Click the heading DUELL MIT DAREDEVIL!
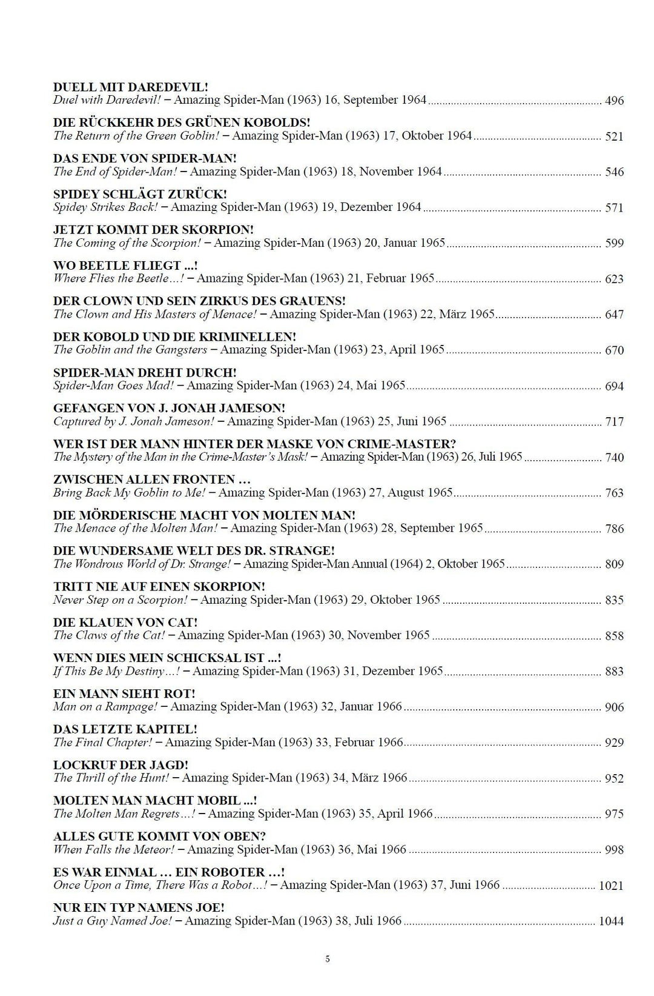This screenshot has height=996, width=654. (131, 87)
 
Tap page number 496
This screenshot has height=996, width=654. (614, 101)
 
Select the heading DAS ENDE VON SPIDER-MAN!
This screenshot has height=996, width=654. (145, 158)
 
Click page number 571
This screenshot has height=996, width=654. (614, 208)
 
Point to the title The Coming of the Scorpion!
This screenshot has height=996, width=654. (127, 243)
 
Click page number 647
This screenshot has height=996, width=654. (614, 315)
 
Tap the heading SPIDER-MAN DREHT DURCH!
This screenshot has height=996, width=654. (145, 372)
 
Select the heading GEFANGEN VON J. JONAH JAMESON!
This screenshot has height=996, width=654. (169, 408)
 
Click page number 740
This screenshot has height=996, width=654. (614, 458)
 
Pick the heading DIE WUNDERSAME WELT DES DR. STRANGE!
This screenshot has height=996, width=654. (194, 551)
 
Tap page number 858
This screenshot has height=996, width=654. (614, 636)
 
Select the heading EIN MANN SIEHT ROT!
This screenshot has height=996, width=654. (124, 694)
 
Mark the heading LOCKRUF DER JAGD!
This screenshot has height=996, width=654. (121, 765)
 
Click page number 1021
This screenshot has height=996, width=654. (610, 886)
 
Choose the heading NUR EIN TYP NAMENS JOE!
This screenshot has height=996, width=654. (139, 907)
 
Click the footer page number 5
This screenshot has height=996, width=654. (328, 959)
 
